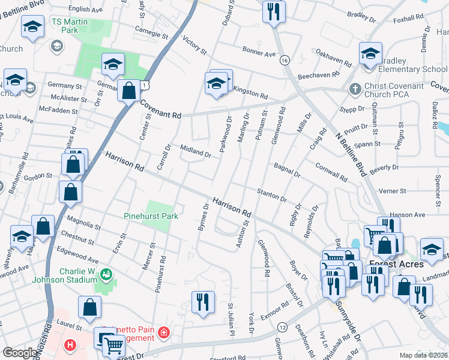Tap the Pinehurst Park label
[x=151, y=215]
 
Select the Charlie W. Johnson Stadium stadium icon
[x=107, y=275]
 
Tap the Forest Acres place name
[x=396, y=264]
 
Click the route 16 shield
[x=285, y=61]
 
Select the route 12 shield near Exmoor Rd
[x=282, y=326]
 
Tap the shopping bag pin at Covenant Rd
[x=128, y=91]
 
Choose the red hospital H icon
[x=71, y=346]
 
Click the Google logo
[x=20, y=353]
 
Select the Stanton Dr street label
[x=271, y=194]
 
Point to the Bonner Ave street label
[x=259, y=53]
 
